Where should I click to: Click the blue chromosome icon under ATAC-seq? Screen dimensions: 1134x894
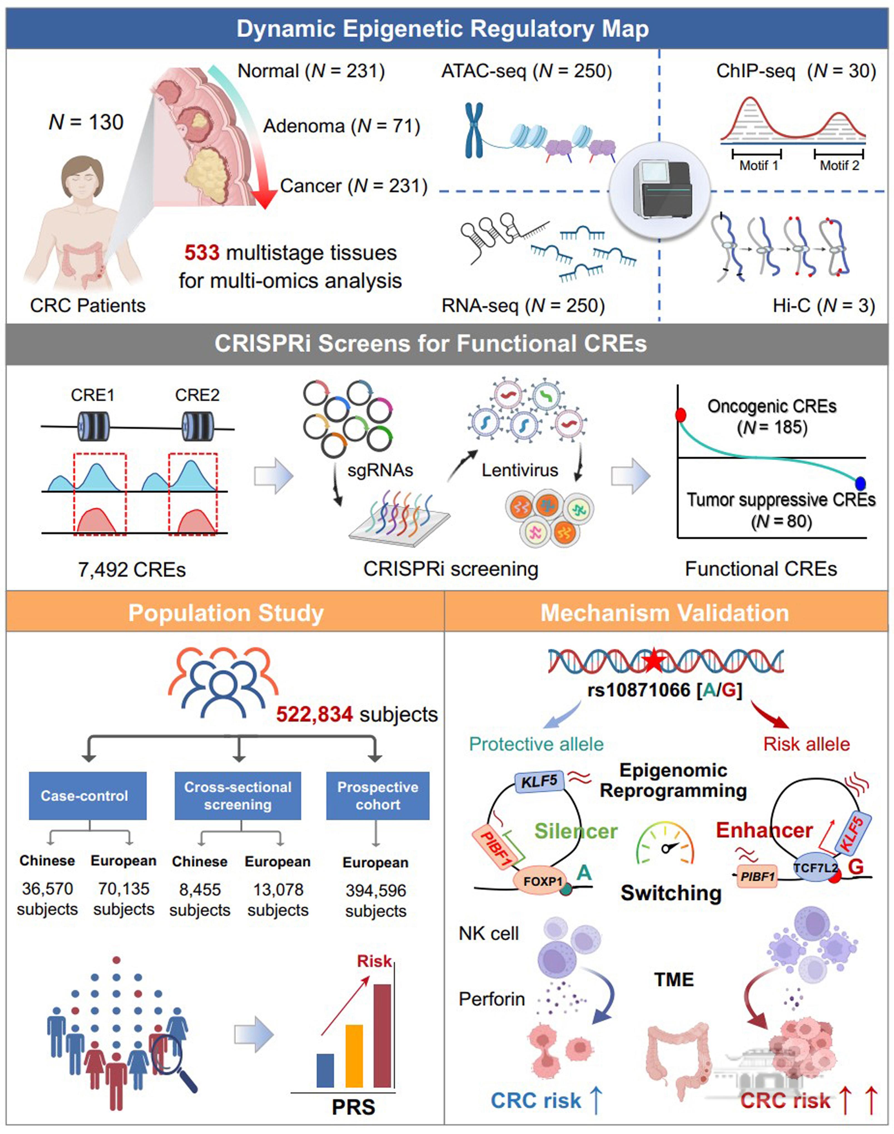coord(474,130)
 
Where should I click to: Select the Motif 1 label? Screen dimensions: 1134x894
coord(758,165)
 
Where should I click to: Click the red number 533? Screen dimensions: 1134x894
coord(202,253)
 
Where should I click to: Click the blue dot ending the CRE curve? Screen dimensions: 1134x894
coord(860,483)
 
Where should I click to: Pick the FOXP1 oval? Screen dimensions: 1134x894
coord(543,881)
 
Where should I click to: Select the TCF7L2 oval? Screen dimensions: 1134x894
coord(815,868)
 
